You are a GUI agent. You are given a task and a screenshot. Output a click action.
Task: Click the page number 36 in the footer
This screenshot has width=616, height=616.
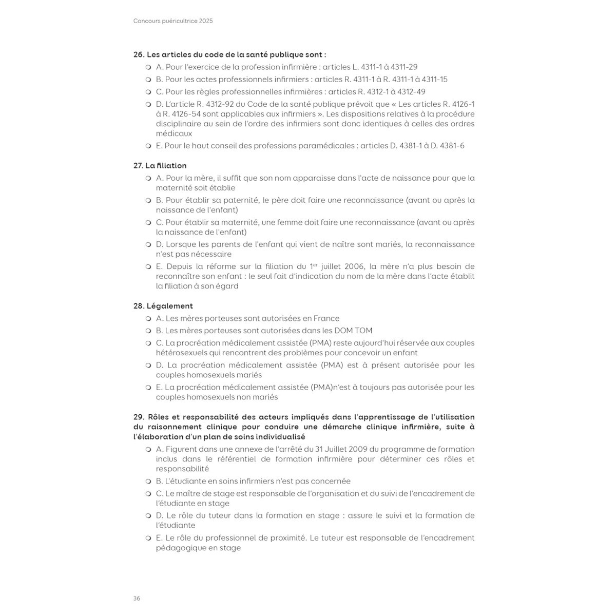pyautogui.click(x=137, y=598)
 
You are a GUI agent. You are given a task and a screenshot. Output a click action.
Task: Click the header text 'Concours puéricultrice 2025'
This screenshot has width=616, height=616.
pyautogui.click(x=173, y=21)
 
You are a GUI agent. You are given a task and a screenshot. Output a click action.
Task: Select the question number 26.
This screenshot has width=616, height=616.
pyautogui.click(x=139, y=54)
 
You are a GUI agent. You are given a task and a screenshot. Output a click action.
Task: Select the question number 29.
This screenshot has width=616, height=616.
pyautogui.click(x=139, y=417)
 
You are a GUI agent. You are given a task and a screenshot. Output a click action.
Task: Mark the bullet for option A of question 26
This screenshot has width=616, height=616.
pyautogui.click(x=148, y=67)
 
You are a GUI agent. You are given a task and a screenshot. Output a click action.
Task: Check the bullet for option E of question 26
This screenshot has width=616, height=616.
pyautogui.click(x=148, y=146)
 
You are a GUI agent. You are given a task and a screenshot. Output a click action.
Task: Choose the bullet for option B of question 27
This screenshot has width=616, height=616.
pyautogui.click(x=148, y=201)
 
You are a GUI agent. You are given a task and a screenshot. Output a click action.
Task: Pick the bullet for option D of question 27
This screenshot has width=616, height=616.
pyautogui.click(x=148, y=245)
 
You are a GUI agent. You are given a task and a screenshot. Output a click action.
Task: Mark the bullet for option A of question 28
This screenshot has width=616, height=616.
pyautogui.click(x=148, y=319)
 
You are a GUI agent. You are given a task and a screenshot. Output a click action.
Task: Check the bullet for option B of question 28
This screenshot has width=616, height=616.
pyautogui.click(x=148, y=331)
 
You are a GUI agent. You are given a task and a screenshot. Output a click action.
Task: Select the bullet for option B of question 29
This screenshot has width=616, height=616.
pyautogui.click(x=148, y=482)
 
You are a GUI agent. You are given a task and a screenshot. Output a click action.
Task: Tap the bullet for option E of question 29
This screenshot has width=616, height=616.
pyautogui.click(x=148, y=538)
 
